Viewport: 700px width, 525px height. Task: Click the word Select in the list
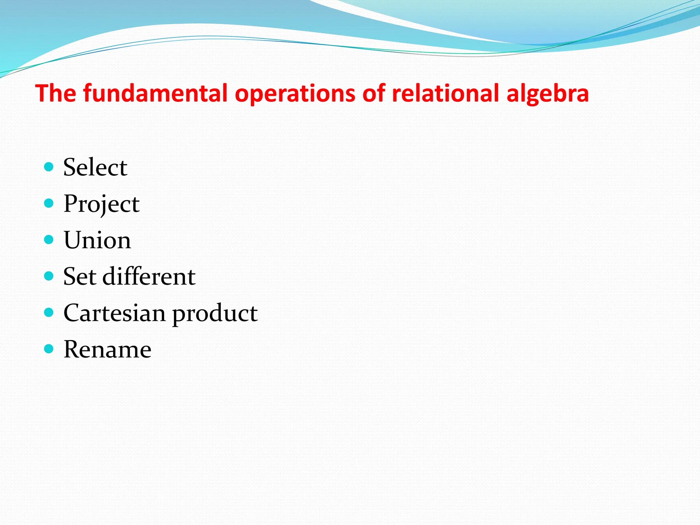[x=95, y=167]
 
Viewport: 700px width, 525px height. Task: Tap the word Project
[x=102, y=204]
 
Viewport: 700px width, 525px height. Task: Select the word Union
[x=97, y=240]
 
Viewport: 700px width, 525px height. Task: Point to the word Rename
[x=107, y=350]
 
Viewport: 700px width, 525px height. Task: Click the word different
[x=149, y=277]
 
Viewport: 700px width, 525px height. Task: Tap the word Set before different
[x=80, y=277]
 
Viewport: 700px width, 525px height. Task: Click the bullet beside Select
[x=49, y=167]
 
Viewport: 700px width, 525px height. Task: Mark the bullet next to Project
[x=49, y=203]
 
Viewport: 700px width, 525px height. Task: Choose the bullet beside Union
[x=49, y=240]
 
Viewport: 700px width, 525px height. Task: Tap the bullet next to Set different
[x=49, y=276]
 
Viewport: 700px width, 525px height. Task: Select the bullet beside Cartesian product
[x=49, y=312]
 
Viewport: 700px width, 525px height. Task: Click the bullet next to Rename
[x=49, y=349]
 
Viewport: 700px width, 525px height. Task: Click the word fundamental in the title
[x=156, y=93]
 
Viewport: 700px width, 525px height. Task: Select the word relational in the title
[x=446, y=93]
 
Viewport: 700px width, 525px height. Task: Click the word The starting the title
[x=56, y=93]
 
